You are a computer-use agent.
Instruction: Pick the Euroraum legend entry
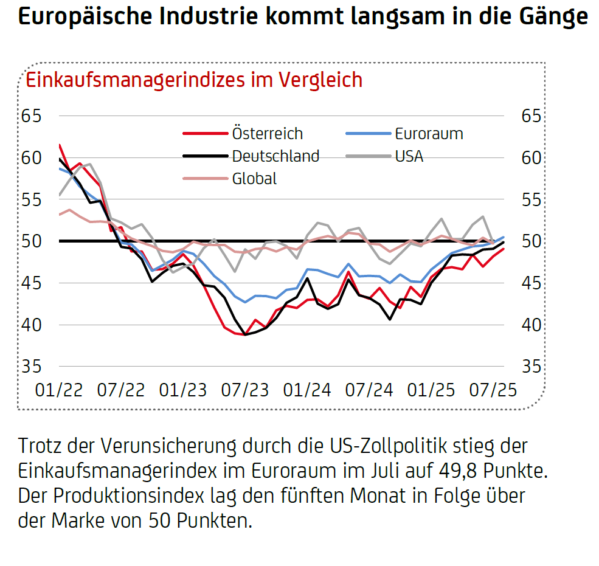[x=429, y=134]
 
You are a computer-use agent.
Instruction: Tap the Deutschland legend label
[x=275, y=156]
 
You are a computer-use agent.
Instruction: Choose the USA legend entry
[x=409, y=156]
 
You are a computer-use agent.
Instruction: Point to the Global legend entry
[x=254, y=179]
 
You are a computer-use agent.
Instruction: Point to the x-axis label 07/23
[x=244, y=390]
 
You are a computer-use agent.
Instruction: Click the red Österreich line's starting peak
[x=60, y=145]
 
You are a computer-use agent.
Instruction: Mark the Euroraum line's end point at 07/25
[x=503, y=237]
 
